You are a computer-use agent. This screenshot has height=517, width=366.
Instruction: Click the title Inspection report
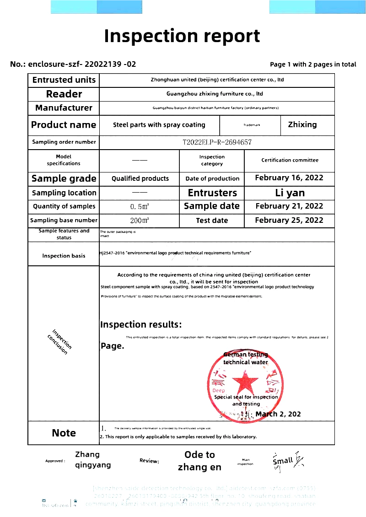182,36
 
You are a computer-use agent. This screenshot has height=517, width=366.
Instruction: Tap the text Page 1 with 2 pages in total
313,65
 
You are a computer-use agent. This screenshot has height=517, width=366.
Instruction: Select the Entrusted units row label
64,80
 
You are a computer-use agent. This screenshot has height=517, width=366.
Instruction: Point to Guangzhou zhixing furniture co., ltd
215,94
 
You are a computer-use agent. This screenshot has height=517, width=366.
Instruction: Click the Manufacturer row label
64,108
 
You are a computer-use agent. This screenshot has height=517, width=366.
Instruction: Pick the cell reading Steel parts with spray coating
159,125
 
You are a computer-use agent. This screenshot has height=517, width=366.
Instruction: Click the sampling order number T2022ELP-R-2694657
217,142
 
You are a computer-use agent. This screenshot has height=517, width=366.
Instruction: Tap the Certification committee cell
290,160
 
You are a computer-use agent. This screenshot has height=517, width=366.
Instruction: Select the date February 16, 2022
289,178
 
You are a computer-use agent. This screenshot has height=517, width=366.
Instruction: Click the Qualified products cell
140,178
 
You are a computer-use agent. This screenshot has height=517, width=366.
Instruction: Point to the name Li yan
290,193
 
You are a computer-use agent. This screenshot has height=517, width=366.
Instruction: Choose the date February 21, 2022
289,206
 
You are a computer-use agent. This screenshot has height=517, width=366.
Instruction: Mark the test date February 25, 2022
289,220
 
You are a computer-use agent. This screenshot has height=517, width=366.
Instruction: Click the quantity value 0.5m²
140,207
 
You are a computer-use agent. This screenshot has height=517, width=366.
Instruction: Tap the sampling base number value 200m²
140,221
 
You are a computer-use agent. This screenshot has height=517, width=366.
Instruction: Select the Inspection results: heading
141,325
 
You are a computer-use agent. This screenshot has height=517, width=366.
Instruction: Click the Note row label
64,433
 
